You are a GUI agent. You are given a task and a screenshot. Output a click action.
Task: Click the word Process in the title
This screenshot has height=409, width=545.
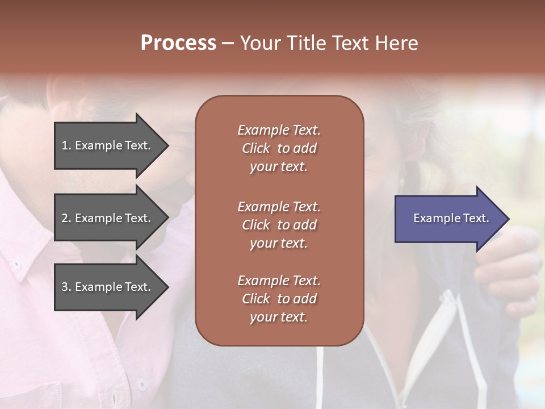point(178,43)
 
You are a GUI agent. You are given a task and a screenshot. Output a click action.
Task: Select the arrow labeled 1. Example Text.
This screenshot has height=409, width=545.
point(108,145)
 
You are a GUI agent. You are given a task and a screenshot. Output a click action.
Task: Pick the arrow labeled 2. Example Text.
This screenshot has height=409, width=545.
point(108,218)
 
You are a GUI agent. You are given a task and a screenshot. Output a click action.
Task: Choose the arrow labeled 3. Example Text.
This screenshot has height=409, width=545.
point(108,287)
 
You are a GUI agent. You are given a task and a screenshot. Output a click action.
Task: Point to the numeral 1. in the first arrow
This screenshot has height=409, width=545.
point(66,145)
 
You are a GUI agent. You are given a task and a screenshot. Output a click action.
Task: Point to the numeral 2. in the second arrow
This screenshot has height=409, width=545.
point(66,218)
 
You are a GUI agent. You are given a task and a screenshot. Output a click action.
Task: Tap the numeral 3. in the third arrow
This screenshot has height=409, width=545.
point(66,287)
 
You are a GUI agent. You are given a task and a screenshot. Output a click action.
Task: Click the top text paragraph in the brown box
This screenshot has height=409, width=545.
point(279,148)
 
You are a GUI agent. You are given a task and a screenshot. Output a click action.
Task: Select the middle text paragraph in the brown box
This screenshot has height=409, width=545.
point(279,225)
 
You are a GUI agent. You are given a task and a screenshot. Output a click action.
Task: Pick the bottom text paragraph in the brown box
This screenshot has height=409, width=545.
point(279,299)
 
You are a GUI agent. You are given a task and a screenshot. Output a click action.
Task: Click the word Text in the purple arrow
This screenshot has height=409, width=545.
point(476,218)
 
